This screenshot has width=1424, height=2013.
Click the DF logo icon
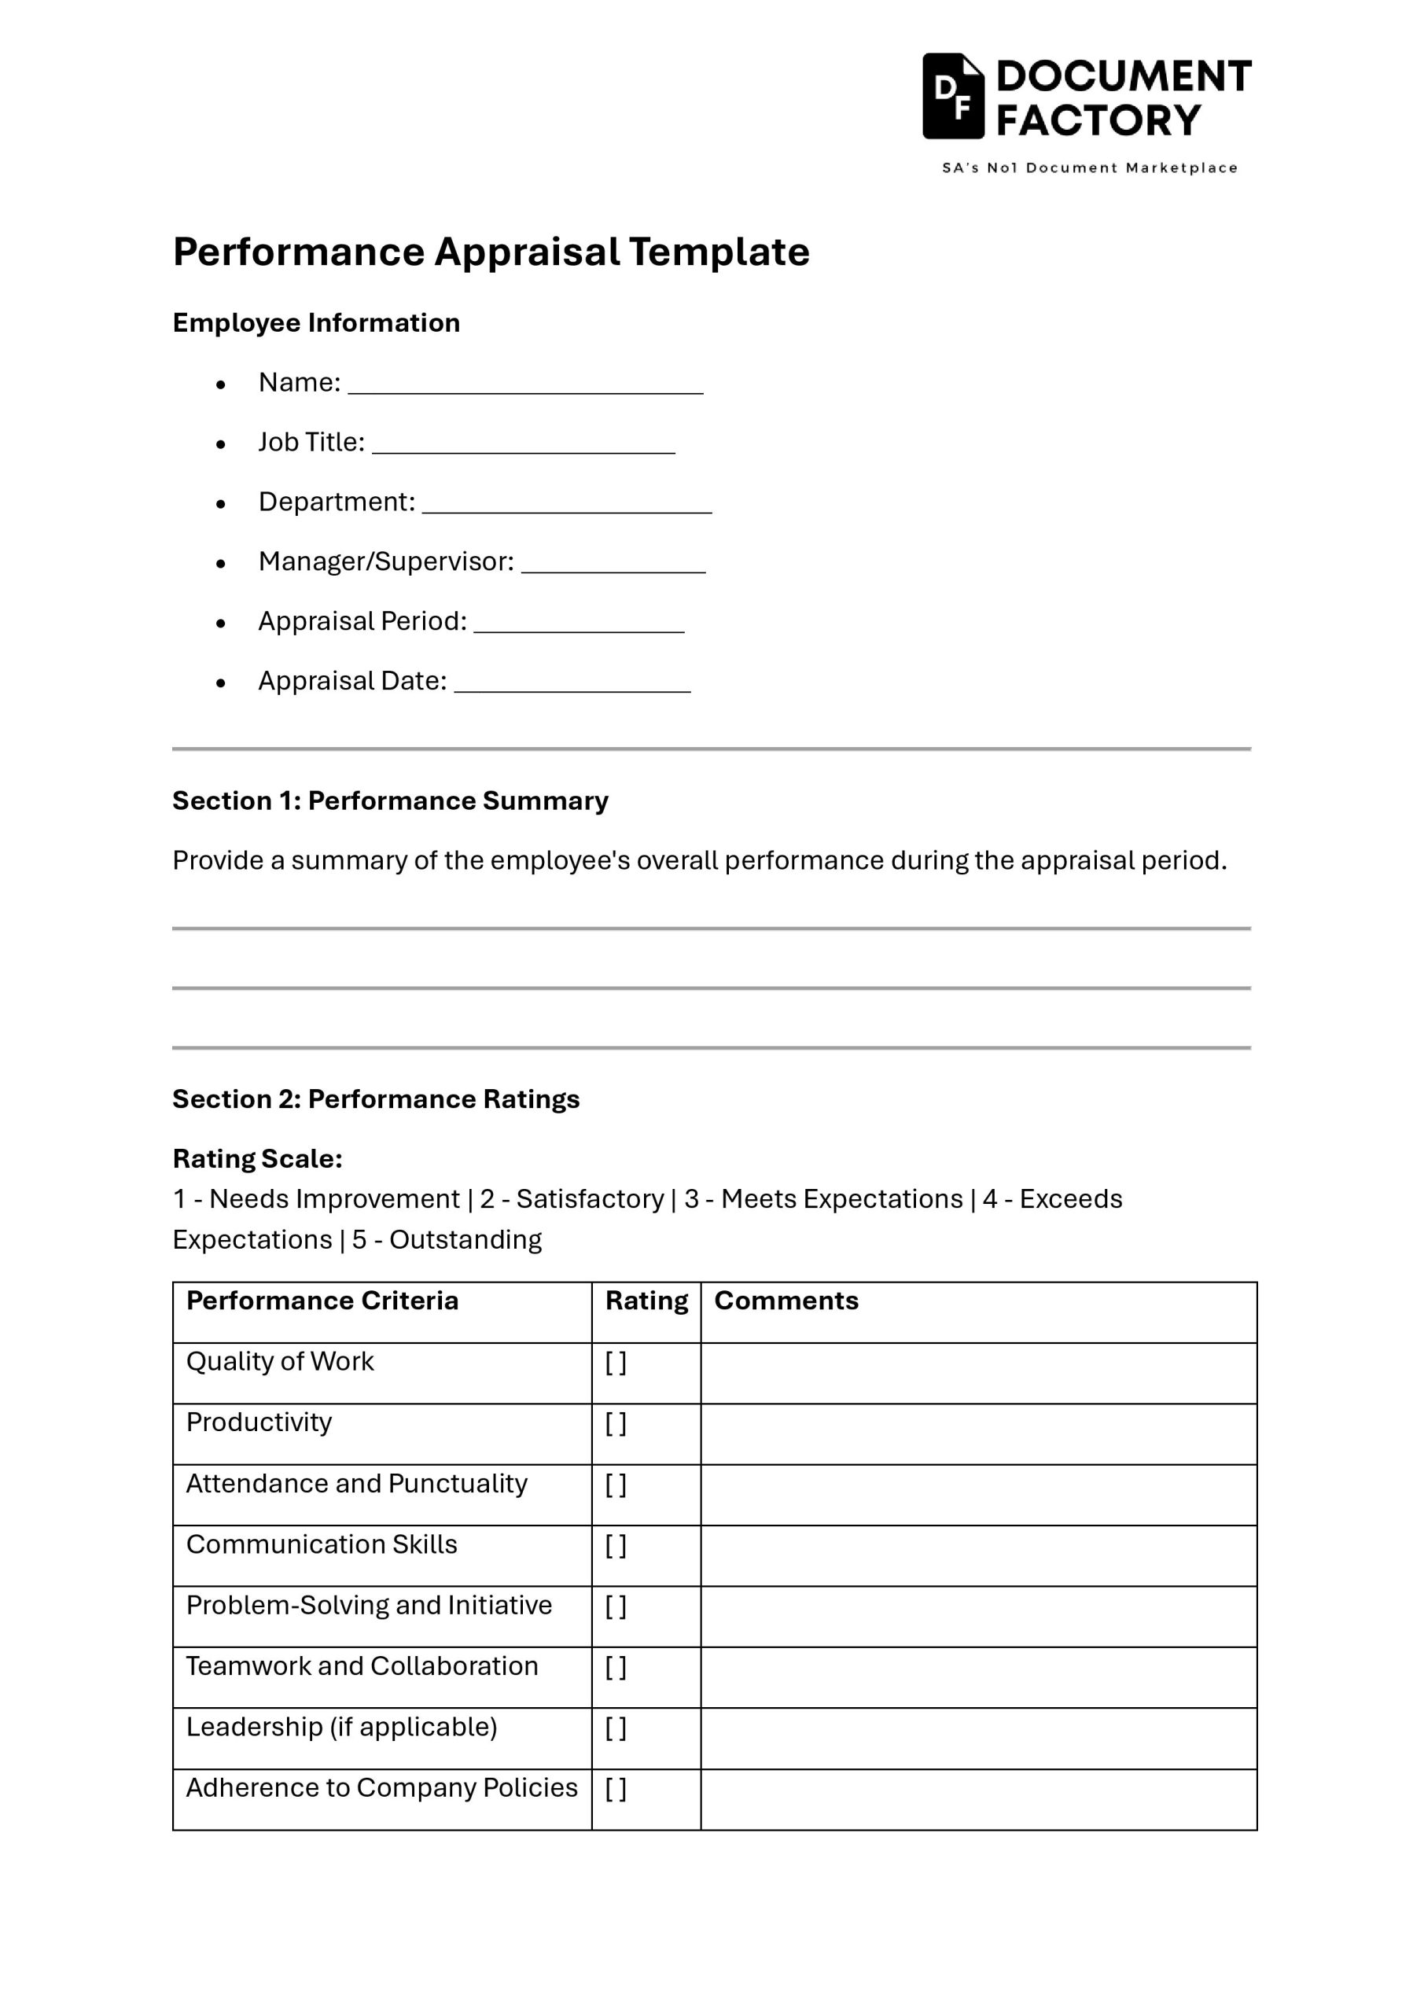952,97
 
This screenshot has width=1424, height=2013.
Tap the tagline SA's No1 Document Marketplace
1089,167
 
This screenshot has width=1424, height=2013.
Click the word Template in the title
718,252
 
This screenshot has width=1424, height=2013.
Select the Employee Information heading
315,322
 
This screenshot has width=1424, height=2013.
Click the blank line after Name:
525,388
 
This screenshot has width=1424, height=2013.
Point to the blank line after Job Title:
524,447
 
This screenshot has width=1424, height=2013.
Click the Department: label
336,502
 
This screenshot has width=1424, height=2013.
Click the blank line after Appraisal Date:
572,686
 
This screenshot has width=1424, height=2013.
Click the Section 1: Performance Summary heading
389,800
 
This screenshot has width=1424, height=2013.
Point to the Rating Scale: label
257,1158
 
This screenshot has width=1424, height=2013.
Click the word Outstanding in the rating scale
465,1240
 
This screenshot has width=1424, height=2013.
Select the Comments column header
786,1301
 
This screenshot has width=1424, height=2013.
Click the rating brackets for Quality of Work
616,1363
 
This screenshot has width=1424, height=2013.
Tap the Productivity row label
259,1422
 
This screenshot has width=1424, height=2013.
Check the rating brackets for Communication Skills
616,1545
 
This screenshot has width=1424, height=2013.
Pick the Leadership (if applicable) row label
341,1728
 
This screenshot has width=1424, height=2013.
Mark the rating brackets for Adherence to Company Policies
616,1789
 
